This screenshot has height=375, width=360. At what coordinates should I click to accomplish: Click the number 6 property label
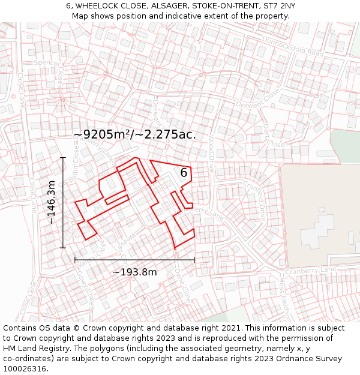[x=184, y=173]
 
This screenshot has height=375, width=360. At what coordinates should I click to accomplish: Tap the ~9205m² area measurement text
[x=134, y=134]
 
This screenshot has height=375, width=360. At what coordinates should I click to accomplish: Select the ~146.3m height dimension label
[x=52, y=202]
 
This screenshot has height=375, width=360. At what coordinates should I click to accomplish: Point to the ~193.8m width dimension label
[x=135, y=272]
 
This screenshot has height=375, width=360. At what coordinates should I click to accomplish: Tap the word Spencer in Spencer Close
[x=46, y=62]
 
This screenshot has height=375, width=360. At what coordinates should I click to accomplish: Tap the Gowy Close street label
[x=85, y=287]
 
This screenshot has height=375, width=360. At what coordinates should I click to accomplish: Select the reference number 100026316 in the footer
[x=26, y=368]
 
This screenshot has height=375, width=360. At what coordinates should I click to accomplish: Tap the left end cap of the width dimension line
[x=75, y=260]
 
